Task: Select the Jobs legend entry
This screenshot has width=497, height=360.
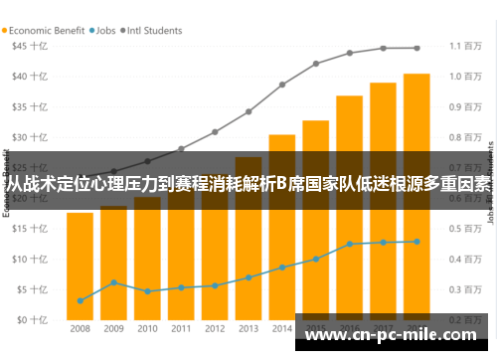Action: point(102,31)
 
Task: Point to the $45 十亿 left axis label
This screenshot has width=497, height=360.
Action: point(28,46)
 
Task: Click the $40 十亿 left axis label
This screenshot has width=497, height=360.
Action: point(28,77)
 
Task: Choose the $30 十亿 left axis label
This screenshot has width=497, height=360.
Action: point(28,137)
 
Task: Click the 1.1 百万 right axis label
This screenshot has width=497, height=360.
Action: point(466,46)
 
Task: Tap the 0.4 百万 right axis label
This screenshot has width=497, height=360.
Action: point(466,260)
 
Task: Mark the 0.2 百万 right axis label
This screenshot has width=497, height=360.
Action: point(466,320)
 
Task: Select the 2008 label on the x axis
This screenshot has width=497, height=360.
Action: point(81,328)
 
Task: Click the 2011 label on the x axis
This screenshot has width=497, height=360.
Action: point(181,328)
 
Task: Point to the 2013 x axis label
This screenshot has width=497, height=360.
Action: point(248,328)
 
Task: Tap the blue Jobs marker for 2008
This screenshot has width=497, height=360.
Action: point(81,300)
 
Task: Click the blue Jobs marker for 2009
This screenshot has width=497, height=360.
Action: point(114,282)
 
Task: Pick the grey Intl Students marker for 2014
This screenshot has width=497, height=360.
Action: point(282,85)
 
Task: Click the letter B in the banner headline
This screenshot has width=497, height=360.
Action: point(279,183)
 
